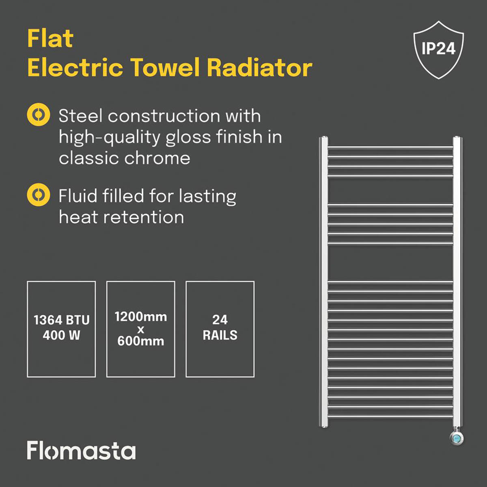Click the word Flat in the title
pyautogui.click(x=50, y=39)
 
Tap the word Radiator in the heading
pyautogui.click(x=260, y=67)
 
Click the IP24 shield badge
pyautogui.click(x=438, y=49)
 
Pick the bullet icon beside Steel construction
pyautogui.click(x=39, y=115)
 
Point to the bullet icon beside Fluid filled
pyautogui.click(x=39, y=195)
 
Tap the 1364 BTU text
pyautogui.click(x=61, y=320)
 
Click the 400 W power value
pyautogui.click(x=61, y=336)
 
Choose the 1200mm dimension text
pyautogui.click(x=140, y=317)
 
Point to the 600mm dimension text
pyautogui.click(x=140, y=341)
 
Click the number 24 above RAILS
pyautogui.click(x=220, y=320)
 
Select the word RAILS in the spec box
pyautogui.click(x=220, y=336)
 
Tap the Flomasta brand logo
pyautogui.click(x=81, y=451)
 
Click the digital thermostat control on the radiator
pyautogui.click(x=457, y=438)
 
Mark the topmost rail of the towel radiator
pyautogui.click(x=390, y=147)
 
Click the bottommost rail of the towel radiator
pyautogui.click(x=390, y=416)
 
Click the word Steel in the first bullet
pyautogui.click(x=80, y=116)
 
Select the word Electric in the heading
pyautogui.click(x=75, y=67)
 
